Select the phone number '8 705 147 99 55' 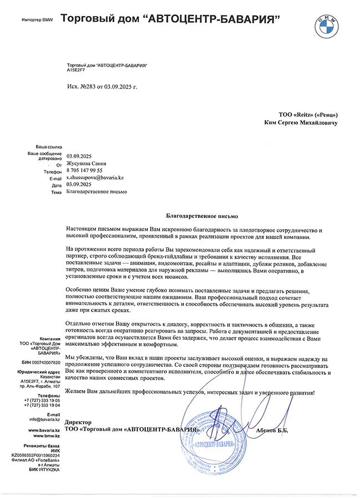click(x=84, y=170)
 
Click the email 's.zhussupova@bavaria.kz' click(x=95, y=177)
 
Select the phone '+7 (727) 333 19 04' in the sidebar click(x=42, y=405)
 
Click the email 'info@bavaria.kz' click(x=45, y=420)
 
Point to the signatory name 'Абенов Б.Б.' click(x=272, y=429)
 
